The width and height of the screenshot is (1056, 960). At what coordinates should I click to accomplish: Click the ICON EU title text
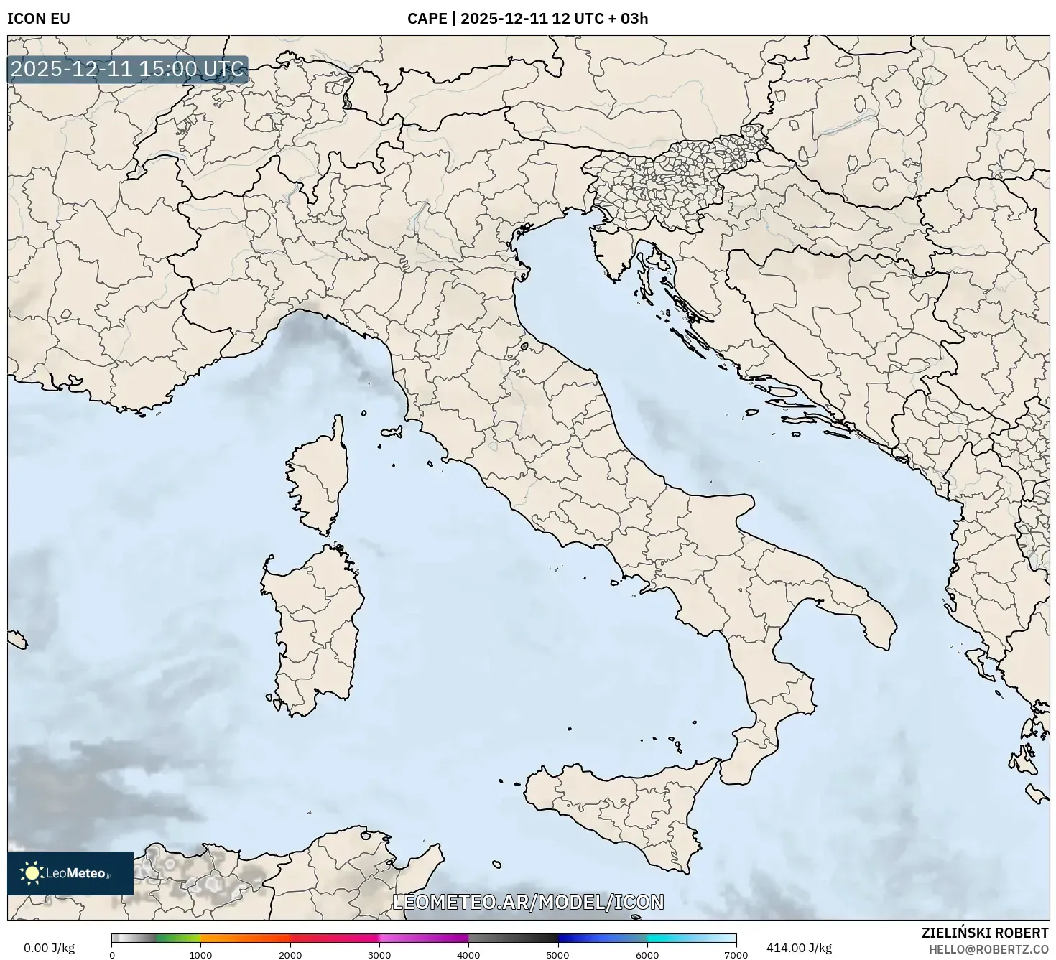[39, 19]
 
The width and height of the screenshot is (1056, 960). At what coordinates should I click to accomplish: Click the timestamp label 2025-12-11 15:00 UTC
[128, 70]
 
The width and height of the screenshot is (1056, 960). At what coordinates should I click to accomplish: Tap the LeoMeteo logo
[70, 873]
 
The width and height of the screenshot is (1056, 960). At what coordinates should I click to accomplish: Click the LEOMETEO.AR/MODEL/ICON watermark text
[528, 902]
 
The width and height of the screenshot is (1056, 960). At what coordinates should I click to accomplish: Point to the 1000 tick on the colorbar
[200, 954]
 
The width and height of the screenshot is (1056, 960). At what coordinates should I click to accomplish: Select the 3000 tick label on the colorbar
[379, 954]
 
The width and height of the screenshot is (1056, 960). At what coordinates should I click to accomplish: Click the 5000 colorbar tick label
[558, 954]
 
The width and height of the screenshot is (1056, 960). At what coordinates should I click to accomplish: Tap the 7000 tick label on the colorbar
[736, 954]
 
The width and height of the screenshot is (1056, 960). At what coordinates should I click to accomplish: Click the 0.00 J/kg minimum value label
[50, 948]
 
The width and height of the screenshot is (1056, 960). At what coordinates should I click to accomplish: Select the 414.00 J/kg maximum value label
[799, 948]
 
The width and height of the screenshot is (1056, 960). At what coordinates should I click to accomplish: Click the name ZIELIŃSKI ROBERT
[984, 933]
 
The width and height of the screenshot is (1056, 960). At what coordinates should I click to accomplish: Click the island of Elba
[392, 433]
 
